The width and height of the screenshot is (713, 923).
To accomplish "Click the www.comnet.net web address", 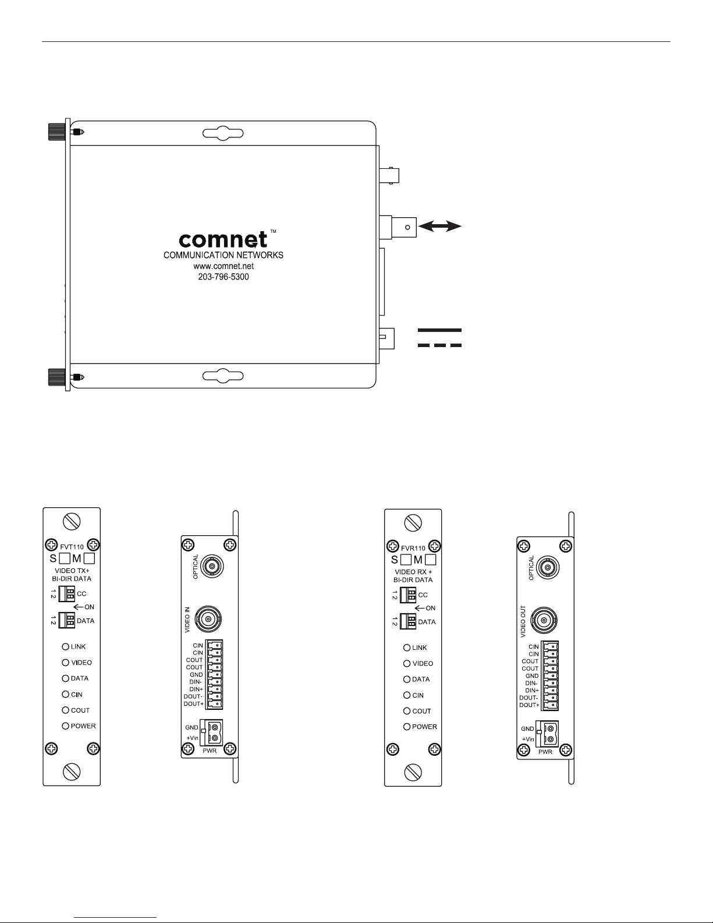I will click(224, 266).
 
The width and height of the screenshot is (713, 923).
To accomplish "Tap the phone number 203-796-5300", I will click(224, 277).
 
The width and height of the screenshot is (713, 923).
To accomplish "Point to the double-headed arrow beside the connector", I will click(440, 227).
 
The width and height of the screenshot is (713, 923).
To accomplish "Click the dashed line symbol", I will click(439, 345).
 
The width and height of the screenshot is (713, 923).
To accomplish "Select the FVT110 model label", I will click(72, 547).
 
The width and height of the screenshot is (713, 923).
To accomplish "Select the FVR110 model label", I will click(413, 548).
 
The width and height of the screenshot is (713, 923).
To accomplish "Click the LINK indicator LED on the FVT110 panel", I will click(66, 646).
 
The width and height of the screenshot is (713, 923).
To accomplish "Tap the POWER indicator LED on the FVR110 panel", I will click(407, 727).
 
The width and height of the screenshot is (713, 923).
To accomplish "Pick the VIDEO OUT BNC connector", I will click(545, 620).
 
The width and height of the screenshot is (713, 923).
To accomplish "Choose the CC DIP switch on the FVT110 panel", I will click(66, 594).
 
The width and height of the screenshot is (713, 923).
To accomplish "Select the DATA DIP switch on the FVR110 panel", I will click(408, 622).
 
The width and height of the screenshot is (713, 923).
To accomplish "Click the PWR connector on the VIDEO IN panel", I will click(211, 733).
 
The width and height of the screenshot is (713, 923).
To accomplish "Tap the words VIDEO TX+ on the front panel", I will click(72, 571).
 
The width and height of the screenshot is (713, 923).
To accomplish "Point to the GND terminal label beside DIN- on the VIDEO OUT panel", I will click(532, 676).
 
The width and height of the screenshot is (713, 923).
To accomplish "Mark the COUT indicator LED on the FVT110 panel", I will click(66, 710).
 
